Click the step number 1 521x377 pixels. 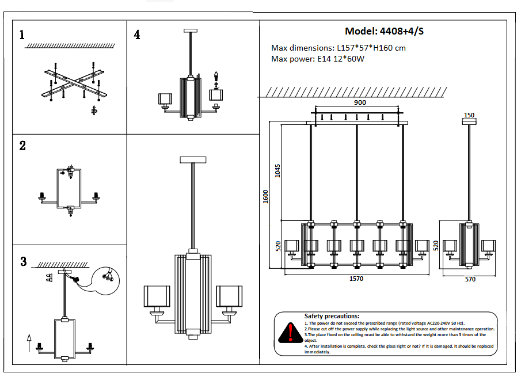pos(22,35)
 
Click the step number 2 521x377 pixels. pos(22,146)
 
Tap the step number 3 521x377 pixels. pos(23,262)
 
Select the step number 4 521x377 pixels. pos(136,35)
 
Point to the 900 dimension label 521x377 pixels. pos(360,102)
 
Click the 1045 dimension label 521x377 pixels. pos(277,171)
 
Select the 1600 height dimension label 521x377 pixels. pos(265,196)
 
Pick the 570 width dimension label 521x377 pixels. pos(470,279)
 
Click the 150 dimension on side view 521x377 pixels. pos(469,115)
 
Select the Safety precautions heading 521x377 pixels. pos(332,316)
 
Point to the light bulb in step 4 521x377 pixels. pos(217,77)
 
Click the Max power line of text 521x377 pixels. pos(318,59)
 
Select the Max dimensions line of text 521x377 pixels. pos(338,48)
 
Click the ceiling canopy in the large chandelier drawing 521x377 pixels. pos(193,159)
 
